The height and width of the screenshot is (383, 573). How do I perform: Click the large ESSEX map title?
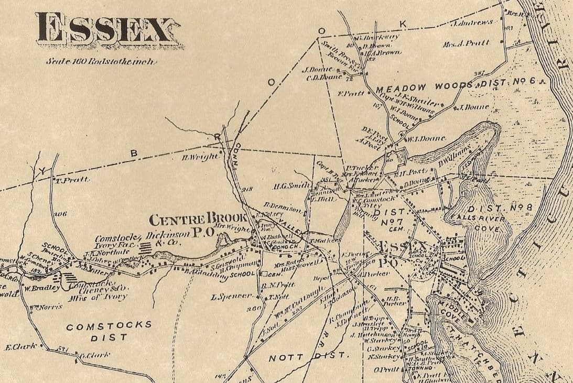click(104, 29)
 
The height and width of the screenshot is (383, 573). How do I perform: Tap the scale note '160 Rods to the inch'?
click(100, 61)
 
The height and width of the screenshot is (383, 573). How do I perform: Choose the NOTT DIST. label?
click(308, 357)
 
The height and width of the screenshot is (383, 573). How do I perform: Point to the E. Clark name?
click(21, 347)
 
